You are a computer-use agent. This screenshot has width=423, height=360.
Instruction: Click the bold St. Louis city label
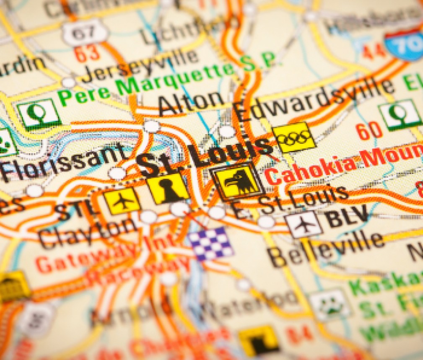205,155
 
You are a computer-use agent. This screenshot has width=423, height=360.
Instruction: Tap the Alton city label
192,102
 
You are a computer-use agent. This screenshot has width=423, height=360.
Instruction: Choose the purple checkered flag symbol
210,243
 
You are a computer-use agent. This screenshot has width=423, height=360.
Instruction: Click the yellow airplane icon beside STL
122,200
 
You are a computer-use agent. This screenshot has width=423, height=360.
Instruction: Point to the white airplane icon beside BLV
305,224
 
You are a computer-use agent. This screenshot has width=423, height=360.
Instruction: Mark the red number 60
369,131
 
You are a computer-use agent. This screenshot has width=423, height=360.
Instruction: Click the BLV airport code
348,217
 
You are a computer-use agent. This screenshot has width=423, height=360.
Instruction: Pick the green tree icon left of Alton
39,114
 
